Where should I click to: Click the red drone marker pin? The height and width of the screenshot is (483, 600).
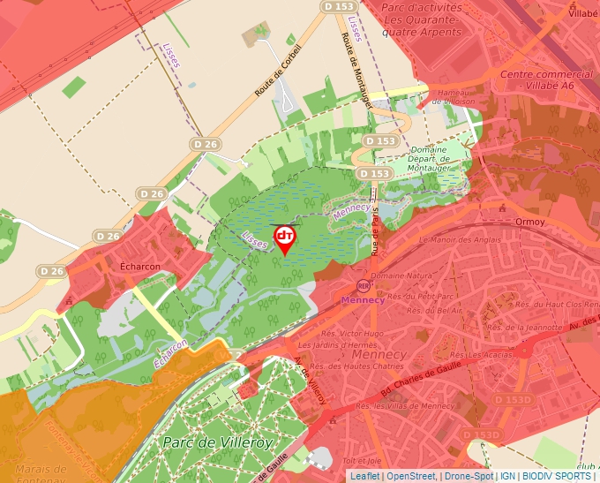pos(285,238)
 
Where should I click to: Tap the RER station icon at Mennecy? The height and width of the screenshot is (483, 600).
pos(364,286)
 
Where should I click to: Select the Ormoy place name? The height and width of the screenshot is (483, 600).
pos(530,221)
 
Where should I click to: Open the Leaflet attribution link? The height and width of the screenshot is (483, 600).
pos(364,476)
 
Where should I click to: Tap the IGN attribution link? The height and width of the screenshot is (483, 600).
pos(507,476)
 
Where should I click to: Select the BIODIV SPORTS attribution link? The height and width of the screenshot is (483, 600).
pos(557,476)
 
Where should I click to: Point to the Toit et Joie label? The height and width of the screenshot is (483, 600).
pos(362,460)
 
